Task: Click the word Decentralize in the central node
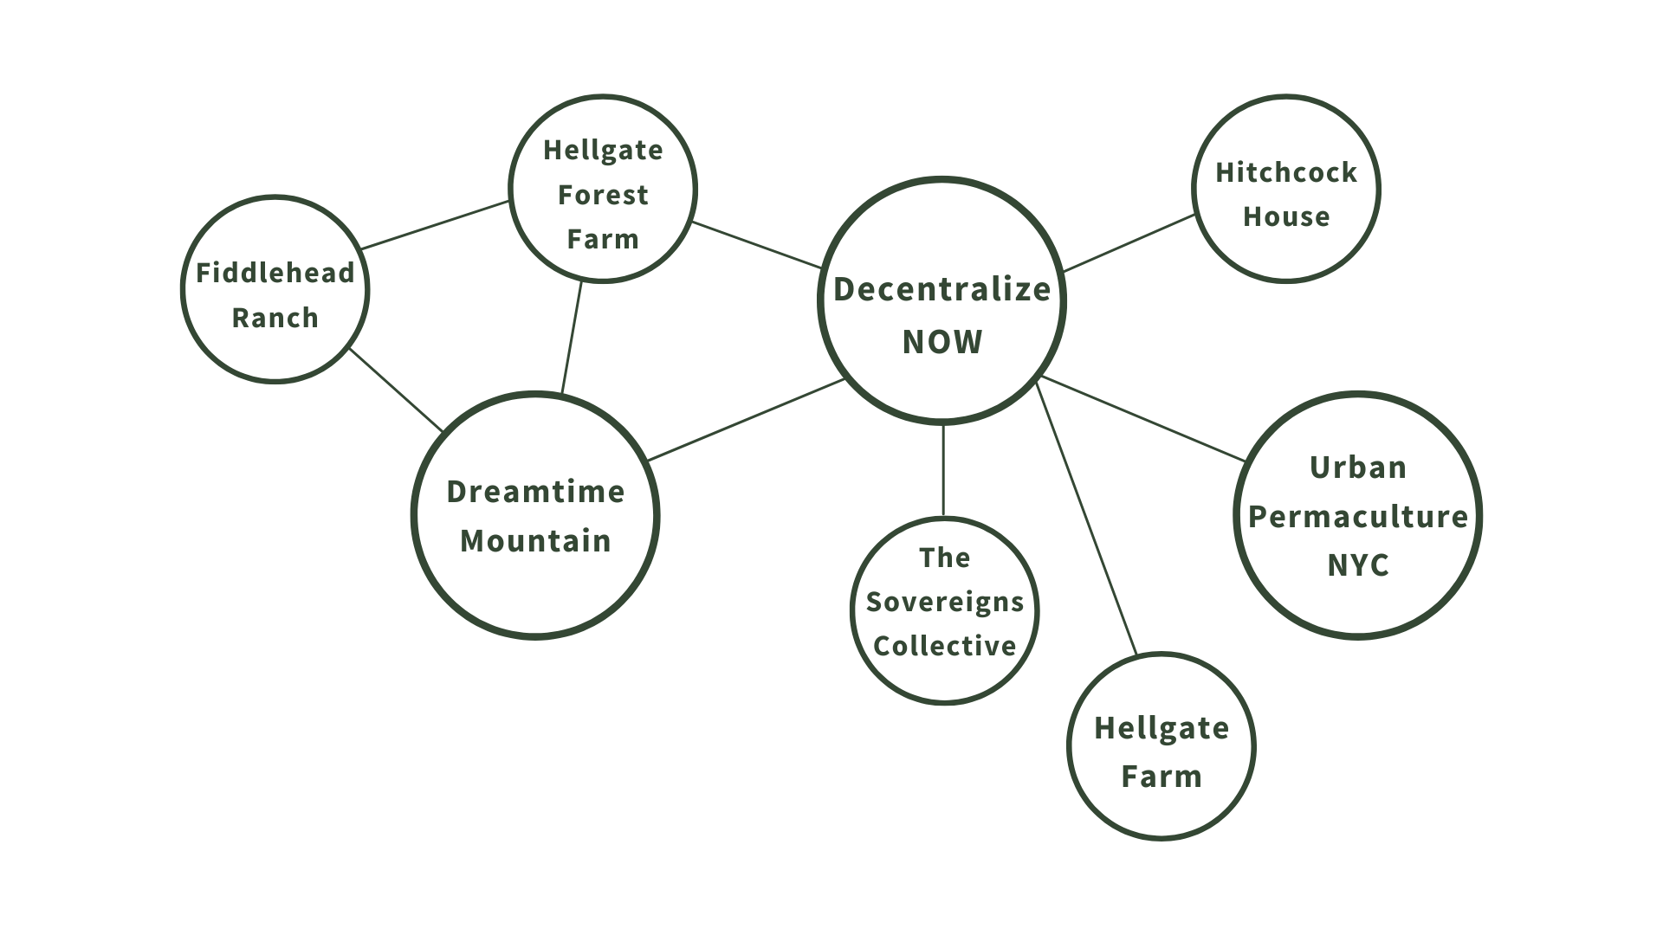click(942, 290)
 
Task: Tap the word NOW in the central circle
click(942, 343)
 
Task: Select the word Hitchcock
click(1286, 173)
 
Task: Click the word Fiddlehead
click(275, 274)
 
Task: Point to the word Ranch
click(275, 319)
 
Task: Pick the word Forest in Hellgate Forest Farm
click(603, 196)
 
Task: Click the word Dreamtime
click(535, 492)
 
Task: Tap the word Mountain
click(535, 541)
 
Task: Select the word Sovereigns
click(945, 603)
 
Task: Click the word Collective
click(945, 647)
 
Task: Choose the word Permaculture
click(1358, 517)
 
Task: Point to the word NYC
click(1358, 566)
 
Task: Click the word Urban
click(1358, 467)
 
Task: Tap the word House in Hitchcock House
click(1286, 217)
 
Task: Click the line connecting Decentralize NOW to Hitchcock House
click(1129, 243)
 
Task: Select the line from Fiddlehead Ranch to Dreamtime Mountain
click(396, 390)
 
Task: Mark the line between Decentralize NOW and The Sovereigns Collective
click(943, 470)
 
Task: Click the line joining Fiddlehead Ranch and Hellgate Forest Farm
click(435, 225)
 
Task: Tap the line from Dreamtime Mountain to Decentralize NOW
click(747, 420)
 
